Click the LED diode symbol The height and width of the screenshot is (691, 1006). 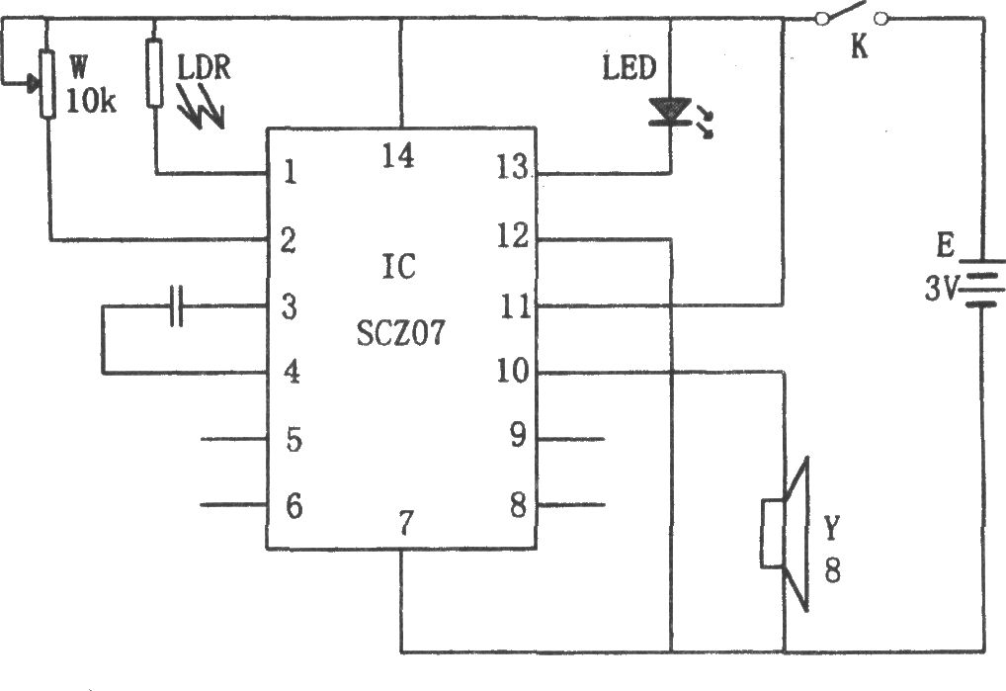pos(670,111)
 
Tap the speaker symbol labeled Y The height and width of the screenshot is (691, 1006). pos(786,534)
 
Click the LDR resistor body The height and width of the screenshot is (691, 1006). pos(154,72)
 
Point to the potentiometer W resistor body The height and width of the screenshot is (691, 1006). pos(47,83)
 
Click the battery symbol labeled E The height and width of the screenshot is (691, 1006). pos(981,283)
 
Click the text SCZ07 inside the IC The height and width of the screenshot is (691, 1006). pos(400,333)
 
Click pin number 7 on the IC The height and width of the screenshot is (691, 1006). pos(405,523)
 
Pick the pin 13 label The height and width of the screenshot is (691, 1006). pos(512,168)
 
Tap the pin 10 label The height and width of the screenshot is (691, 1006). pos(513,371)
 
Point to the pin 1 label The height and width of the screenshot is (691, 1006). pos(290,172)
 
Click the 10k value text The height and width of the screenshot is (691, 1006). pos(91,101)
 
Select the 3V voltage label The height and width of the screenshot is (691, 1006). pos(941,289)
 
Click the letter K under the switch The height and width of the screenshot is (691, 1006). pos(860,46)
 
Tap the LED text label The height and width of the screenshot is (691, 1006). pos(629,67)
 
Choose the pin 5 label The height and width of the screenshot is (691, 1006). pos(293,440)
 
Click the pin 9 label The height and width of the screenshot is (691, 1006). pos(518,435)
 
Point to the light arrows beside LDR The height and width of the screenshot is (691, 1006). pos(201,108)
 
